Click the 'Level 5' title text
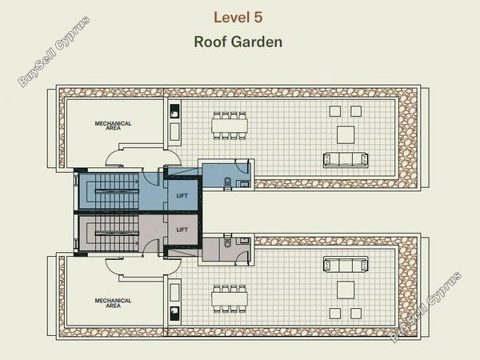(x=238, y=17)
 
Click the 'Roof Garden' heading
(x=238, y=42)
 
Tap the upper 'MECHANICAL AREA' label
(x=113, y=126)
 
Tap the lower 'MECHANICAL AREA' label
(x=113, y=303)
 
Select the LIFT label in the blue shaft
(x=182, y=196)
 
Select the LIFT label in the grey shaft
(x=182, y=230)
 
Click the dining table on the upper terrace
(x=230, y=126)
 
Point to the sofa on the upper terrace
(x=346, y=160)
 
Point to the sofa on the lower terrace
(x=346, y=265)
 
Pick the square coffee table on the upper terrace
(x=346, y=134)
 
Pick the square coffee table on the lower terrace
(x=346, y=290)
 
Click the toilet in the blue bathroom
(x=228, y=183)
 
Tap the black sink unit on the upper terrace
(x=174, y=111)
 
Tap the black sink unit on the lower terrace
(x=174, y=314)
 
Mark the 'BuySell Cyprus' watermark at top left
(x=54, y=51)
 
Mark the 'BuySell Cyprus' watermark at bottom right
(x=426, y=306)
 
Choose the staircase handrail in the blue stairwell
(x=117, y=192)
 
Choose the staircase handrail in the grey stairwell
(x=117, y=234)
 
